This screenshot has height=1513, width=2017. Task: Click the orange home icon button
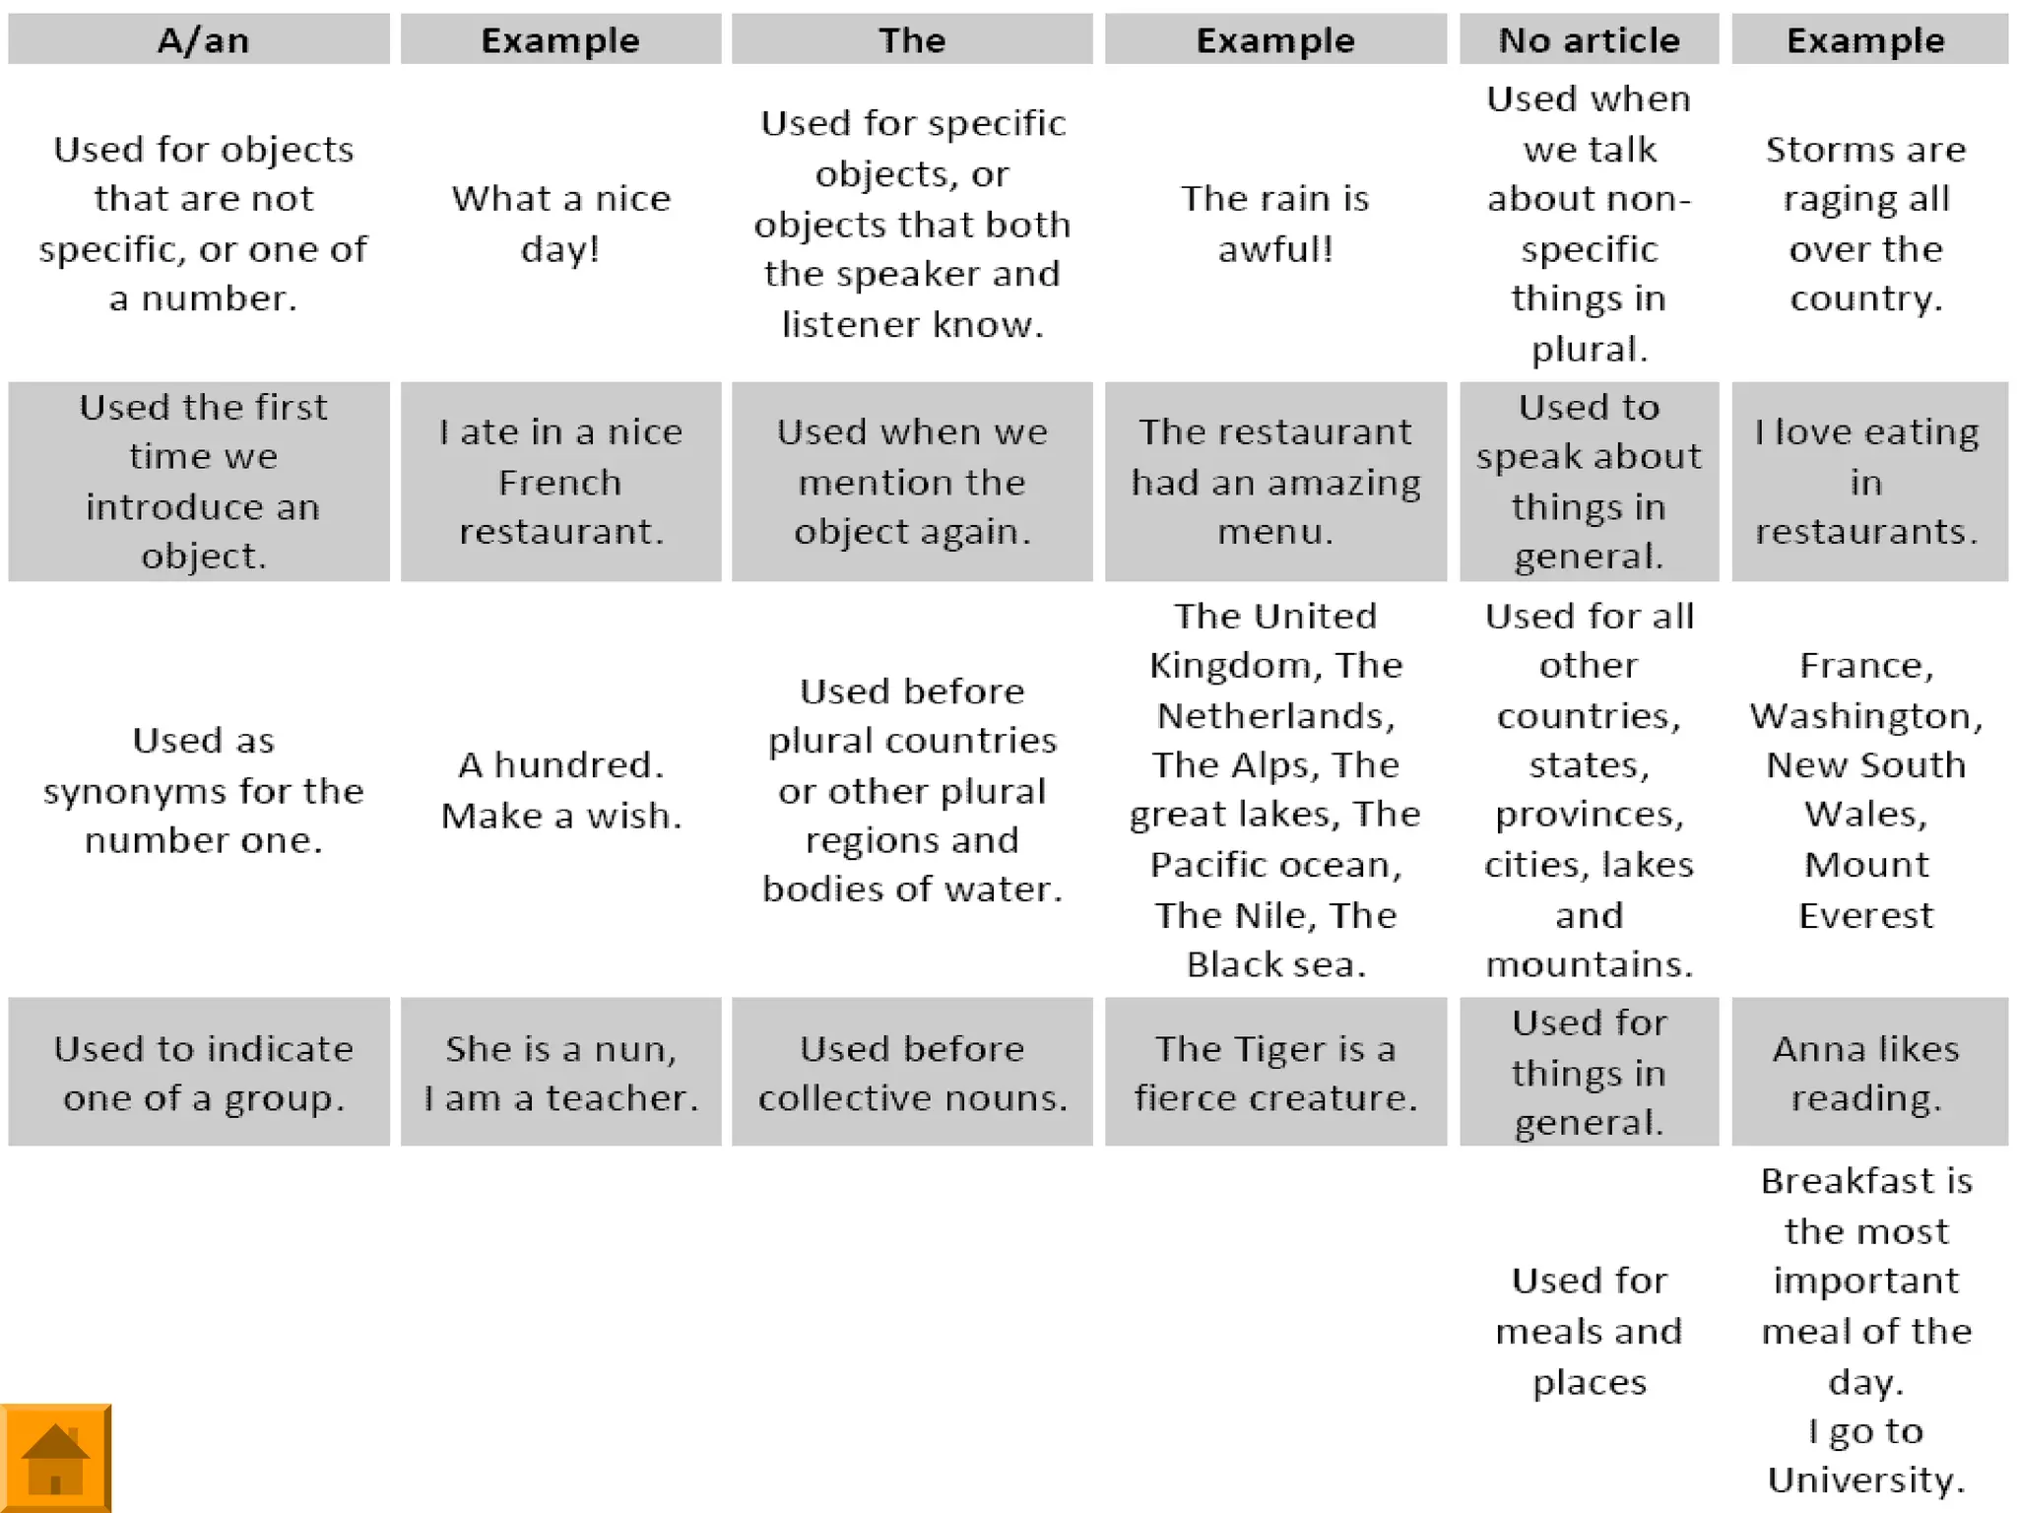pos(55,1458)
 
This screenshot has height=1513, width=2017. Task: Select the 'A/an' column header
pos(203,40)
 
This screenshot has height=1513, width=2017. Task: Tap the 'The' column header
pos(912,40)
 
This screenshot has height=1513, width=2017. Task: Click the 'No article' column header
pos(1589,40)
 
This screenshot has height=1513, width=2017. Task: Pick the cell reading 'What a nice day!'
pos(560,224)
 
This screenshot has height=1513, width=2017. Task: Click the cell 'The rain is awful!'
pos(1275,224)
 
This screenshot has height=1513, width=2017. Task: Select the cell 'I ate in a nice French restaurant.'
pos(560,482)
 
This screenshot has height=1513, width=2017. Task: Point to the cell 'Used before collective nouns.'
pos(912,1073)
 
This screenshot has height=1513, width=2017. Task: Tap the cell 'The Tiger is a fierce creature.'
pos(1275,1073)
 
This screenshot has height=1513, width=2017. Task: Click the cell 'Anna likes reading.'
pos(1865,1073)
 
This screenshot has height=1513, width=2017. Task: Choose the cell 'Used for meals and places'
pos(1589,1331)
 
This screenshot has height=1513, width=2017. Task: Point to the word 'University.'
pos(1865,1480)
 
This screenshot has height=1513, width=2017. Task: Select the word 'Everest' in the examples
pos(1865,915)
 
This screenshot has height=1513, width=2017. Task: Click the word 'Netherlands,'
pos(1275,715)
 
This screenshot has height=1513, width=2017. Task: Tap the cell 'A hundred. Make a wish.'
pos(560,790)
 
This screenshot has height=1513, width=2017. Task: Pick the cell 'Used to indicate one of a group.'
pos(203,1073)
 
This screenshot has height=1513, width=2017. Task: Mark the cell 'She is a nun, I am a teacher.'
pos(560,1073)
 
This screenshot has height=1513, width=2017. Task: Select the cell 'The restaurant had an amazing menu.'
pos(1275,482)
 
